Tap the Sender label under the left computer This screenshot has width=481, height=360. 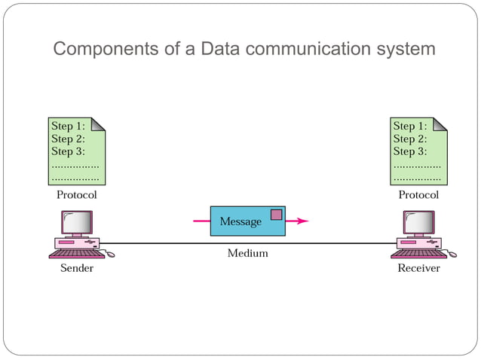click(77, 268)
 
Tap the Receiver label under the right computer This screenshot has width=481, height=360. click(418, 268)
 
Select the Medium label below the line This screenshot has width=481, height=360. click(247, 254)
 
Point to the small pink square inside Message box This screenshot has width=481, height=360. click(276, 215)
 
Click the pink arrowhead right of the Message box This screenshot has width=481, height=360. click(303, 221)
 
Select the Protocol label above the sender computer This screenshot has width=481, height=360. click(77, 194)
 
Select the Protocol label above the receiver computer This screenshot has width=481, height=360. click(418, 194)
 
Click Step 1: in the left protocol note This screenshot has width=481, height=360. click(67, 126)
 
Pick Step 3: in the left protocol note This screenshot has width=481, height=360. click(67, 151)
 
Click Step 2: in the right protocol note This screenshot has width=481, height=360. click(409, 139)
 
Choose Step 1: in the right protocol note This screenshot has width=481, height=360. click(409, 126)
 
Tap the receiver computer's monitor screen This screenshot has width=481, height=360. click(419, 221)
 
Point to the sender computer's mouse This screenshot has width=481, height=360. click(110, 255)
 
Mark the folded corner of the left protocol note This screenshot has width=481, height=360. click(98, 124)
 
